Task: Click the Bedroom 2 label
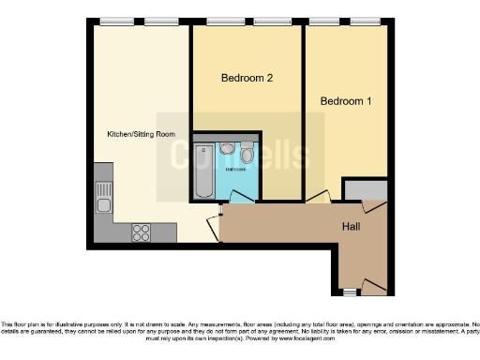pos(247,79)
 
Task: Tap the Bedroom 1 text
pos(346,100)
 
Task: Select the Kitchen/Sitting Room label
pos(141,134)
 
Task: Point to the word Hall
pos(352,227)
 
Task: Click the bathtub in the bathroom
pos(203,172)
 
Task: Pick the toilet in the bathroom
pos(247,153)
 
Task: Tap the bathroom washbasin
pos(228,149)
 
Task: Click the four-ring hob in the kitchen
pos(142,231)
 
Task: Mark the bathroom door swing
pos(242,196)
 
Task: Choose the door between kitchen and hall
pos(216,222)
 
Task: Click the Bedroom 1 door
pos(319,197)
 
